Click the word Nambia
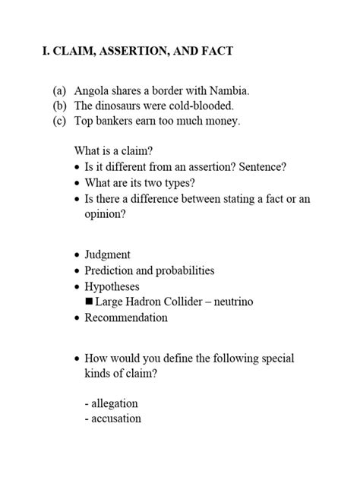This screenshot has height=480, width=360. (229, 91)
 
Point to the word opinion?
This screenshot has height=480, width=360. (105, 214)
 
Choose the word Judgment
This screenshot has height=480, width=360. (107, 254)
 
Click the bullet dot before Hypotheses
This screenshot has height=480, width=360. (77, 287)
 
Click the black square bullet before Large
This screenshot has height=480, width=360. (89, 302)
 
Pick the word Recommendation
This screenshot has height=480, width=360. (126, 317)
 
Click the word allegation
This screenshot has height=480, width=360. (115, 403)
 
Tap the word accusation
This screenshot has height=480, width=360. (115, 418)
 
